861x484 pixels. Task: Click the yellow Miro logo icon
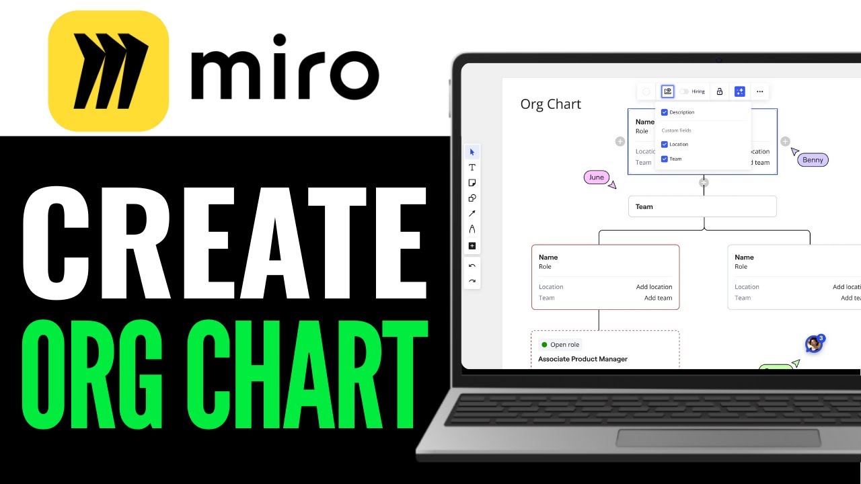[108, 71]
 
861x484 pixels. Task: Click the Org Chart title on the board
[550, 104]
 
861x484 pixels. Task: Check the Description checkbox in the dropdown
[665, 112]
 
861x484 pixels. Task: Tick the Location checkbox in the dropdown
[665, 145]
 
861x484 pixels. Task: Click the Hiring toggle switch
[684, 91]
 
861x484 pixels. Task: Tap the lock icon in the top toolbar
[719, 91]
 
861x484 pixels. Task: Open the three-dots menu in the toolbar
[760, 91]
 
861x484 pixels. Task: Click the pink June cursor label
[597, 177]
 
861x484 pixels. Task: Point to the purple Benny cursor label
[813, 160]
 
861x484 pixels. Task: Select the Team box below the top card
[702, 206]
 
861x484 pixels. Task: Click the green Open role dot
[544, 345]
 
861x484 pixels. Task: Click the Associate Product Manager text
[583, 359]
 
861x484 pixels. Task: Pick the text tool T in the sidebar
[472, 167]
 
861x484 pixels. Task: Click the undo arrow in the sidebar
[472, 266]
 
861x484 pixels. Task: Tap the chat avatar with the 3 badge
[814, 344]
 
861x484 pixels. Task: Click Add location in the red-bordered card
[654, 287]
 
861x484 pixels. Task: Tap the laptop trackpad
[718, 438]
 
